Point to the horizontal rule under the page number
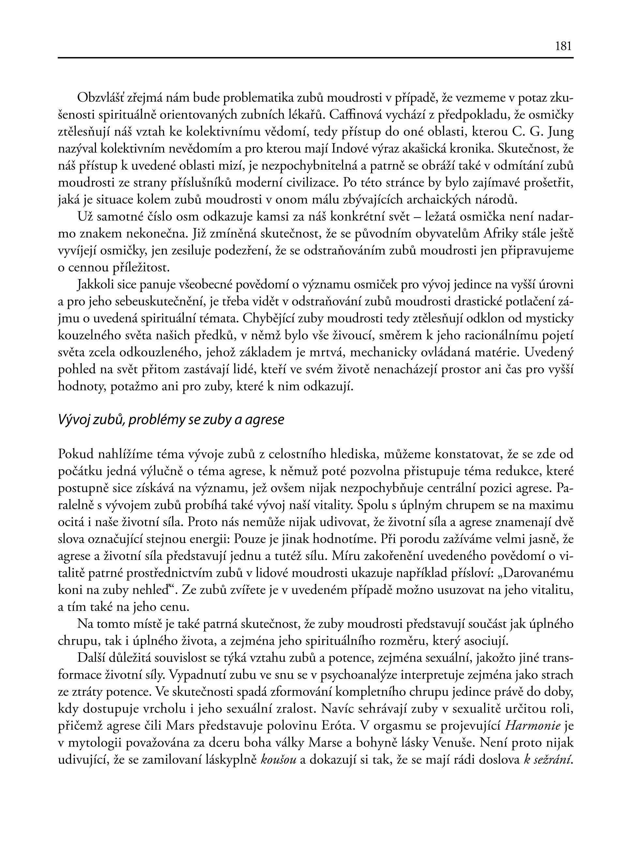(x=315, y=58)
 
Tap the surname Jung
(x=560, y=132)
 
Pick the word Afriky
(x=502, y=234)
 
